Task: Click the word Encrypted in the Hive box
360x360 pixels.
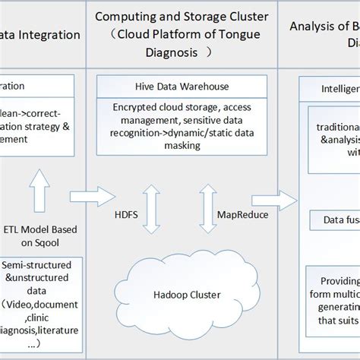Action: pyautogui.click(x=134, y=107)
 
